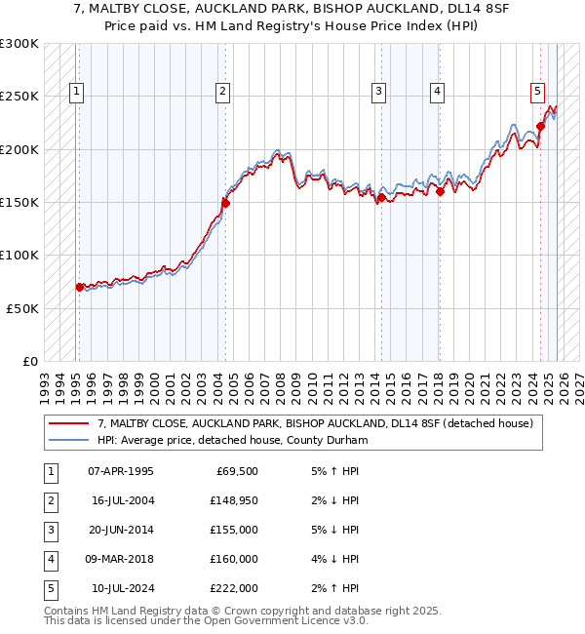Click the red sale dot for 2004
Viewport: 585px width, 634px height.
225,203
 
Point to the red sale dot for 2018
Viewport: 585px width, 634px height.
440,191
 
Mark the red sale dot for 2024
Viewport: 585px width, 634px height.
540,126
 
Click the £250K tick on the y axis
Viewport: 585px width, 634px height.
19,97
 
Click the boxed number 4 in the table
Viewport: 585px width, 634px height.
49,559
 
